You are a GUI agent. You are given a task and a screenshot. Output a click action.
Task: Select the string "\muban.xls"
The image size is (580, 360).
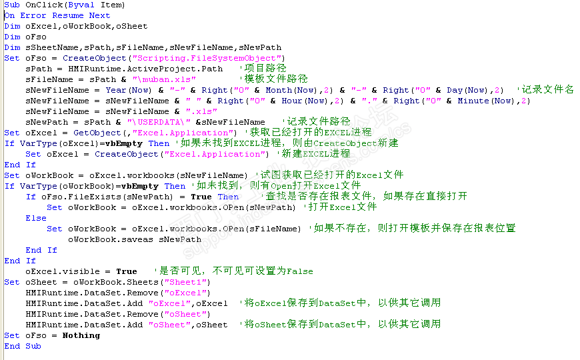tap(159, 79)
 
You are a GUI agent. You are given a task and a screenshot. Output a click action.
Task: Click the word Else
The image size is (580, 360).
tap(36, 218)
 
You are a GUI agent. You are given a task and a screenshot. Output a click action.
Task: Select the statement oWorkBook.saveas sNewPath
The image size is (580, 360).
tap(134, 239)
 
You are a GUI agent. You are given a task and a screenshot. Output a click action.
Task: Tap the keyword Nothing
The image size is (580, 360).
tap(81, 335)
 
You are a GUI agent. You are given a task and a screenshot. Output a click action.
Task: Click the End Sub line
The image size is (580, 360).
tap(23, 346)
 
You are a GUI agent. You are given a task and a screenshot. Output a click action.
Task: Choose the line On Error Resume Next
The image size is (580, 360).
tap(57, 15)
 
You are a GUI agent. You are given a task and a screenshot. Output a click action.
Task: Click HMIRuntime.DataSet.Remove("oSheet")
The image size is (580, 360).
tap(118, 314)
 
